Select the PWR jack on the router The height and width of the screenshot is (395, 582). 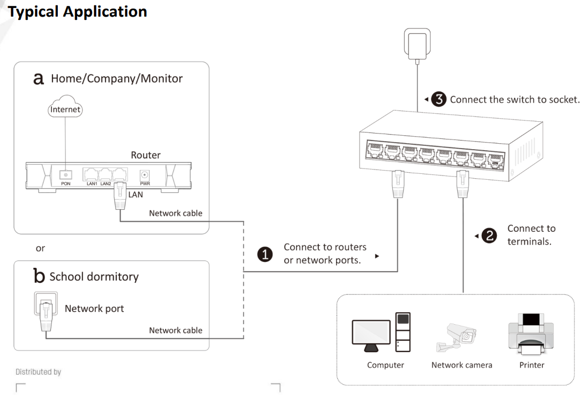point(144,175)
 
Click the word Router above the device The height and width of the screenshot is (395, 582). point(145,155)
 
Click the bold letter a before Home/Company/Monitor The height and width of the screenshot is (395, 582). point(39,79)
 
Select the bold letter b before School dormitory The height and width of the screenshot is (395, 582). point(39,276)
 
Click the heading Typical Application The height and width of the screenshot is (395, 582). point(78,11)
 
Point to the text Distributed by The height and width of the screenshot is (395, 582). point(38,371)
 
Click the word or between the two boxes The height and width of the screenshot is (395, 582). point(40,248)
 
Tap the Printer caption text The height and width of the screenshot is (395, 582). point(531,365)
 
